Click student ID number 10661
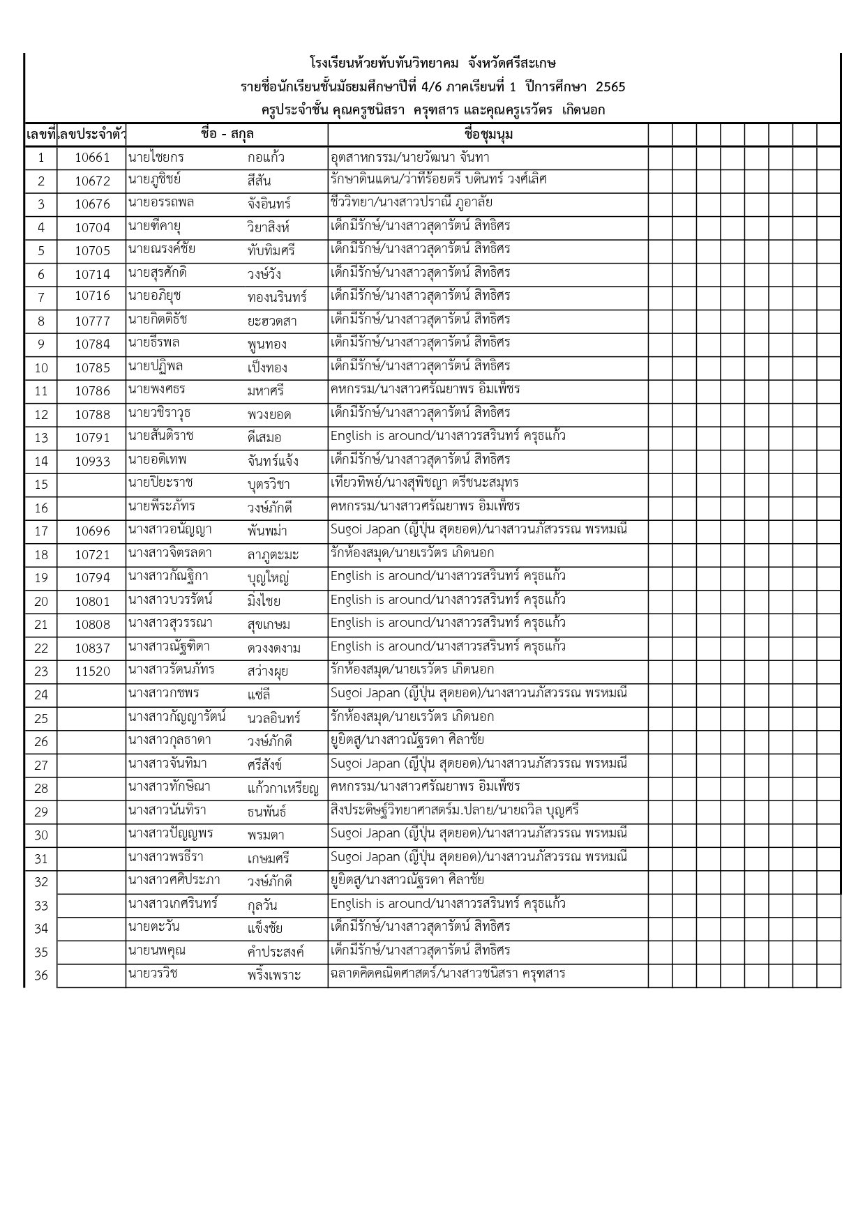tap(92, 158)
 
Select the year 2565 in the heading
tap(610, 87)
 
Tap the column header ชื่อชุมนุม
tap(488, 135)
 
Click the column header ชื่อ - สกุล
tap(227, 135)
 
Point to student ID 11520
tap(92, 671)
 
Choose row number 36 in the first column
tap(41, 975)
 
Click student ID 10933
tap(92, 461)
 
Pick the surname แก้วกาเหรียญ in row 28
tap(283, 789)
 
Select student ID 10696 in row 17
tap(92, 531)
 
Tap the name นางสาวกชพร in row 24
tap(165, 694)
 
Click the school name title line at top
tap(433, 64)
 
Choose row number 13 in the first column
tap(41, 438)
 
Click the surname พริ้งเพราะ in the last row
tap(274, 975)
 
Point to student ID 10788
tap(92, 415)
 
